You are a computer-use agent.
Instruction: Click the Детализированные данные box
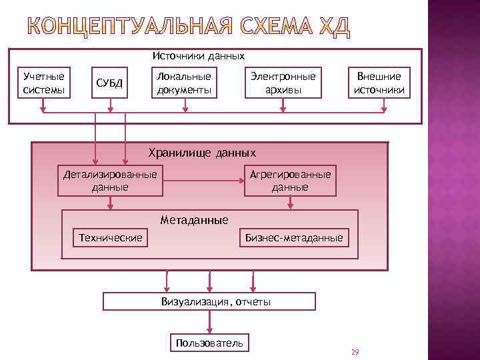pos(110,181)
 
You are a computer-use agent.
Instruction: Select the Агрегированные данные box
pos(290,181)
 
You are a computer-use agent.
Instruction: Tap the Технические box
pos(111,238)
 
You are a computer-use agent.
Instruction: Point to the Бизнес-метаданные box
pos(294,238)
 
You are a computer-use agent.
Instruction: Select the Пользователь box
pos(210,344)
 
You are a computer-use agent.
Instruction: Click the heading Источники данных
pos(199,56)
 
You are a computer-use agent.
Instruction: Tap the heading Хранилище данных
pos(201,153)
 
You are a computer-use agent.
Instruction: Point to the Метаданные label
pos(195,220)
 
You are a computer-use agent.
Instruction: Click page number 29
pos(355,351)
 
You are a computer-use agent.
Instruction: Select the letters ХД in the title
pos(333,29)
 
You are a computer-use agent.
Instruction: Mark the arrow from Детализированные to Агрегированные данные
pos(203,180)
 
